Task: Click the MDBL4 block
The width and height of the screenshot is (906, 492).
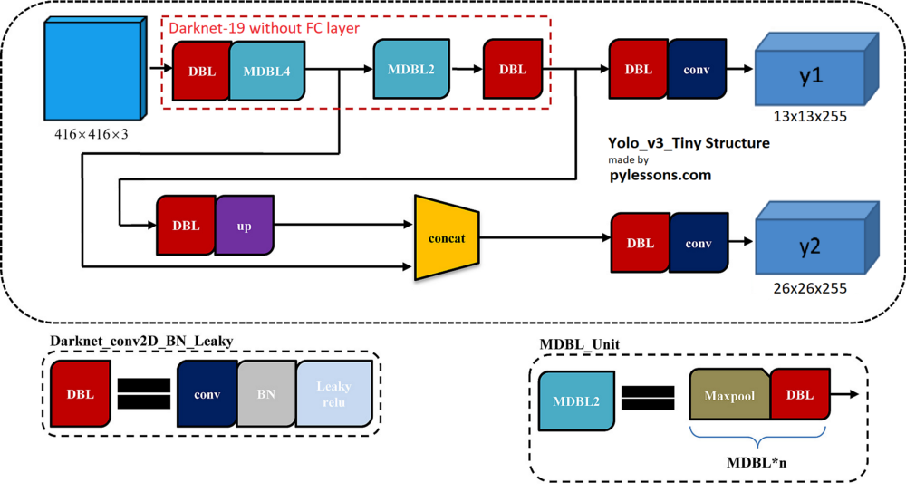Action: pos(267,71)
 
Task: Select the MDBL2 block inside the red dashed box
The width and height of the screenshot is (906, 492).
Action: pos(411,69)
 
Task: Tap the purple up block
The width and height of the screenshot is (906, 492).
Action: pos(245,226)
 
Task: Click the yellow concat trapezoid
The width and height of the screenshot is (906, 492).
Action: pos(447,237)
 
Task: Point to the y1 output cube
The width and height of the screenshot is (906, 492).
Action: pos(817,69)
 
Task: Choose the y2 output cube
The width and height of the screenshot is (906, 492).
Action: pos(817,237)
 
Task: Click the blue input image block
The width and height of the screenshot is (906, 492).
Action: pos(95,68)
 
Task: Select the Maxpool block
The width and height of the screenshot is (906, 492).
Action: pos(729,395)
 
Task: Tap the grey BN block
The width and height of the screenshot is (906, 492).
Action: pos(266,394)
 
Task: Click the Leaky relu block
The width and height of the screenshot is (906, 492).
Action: pos(334,394)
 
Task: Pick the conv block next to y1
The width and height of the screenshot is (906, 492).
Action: pos(697,70)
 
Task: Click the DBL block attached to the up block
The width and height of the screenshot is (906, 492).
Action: pos(186,226)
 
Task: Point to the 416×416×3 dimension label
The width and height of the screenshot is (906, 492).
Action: pos(92,135)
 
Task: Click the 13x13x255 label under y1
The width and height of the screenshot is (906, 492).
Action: pos(810,116)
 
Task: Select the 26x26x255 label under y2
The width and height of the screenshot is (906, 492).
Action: pos(810,288)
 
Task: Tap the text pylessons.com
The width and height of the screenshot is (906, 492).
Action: pos(660,175)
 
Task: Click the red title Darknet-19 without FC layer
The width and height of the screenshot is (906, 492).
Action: pos(264,28)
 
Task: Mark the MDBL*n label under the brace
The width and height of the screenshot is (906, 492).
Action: pos(757,462)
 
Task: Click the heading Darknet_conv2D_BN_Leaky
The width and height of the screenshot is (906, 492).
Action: pos(141,341)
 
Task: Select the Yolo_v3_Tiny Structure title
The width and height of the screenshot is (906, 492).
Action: pos(689,143)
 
